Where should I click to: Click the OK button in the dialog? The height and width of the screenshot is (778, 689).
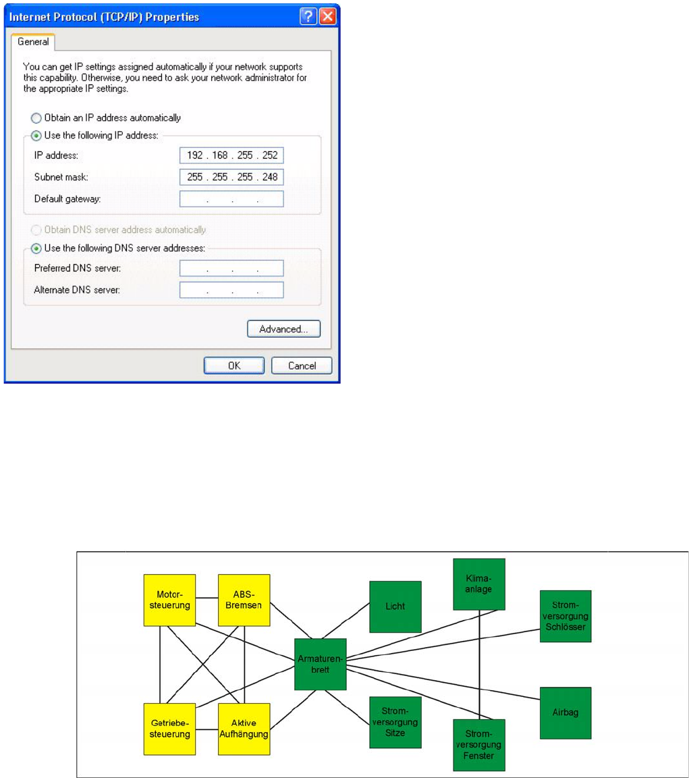point(233,365)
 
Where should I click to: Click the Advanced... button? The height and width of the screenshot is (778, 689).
point(283,329)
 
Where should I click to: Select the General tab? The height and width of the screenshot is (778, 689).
point(32,42)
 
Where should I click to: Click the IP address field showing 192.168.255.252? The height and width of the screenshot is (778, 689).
point(231,156)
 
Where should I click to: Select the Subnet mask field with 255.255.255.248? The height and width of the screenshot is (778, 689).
point(231,178)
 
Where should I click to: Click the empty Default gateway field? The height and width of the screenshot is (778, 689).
point(231,199)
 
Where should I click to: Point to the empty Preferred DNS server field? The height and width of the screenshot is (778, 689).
point(231,268)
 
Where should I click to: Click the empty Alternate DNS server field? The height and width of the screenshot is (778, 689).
point(231,290)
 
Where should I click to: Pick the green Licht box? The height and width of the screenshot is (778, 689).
point(395,606)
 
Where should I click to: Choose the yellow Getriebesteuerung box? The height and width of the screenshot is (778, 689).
point(169,729)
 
